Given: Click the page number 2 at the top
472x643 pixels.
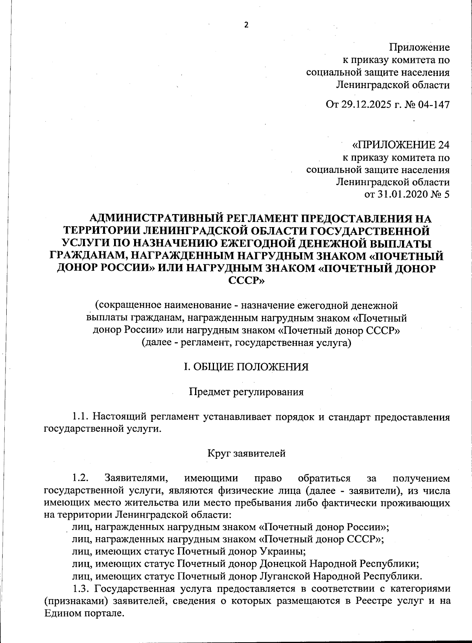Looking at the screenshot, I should coord(247,25).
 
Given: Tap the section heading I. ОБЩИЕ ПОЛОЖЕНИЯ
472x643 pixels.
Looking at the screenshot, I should coord(246,367).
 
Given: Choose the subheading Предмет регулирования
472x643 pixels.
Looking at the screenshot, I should coord(246,392).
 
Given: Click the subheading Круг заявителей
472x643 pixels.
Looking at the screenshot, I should coord(246,453).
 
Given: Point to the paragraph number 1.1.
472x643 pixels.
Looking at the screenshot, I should coord(81,416).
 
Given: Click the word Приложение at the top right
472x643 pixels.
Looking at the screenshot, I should coord(419,48).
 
